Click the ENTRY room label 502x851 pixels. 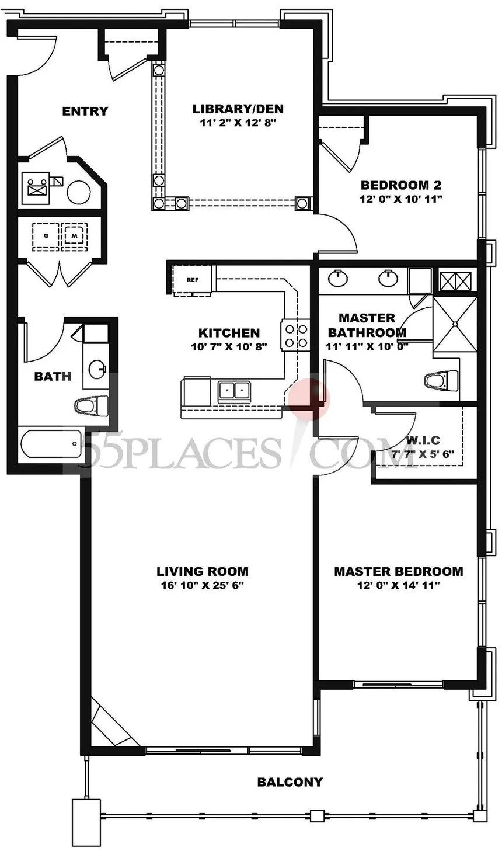coord(85,112)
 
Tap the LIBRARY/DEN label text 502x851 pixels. coord(238,109)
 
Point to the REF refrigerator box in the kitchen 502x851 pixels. coord(192,280)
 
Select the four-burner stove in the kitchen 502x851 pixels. coord(295,335)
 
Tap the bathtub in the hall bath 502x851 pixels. coord(51,444)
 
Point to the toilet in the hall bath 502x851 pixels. coord(91,406)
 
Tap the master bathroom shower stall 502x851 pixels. coord(455,324)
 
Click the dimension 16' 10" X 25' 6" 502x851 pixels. coord(203,585)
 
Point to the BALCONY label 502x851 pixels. coord(290,782)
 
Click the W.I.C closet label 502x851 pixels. coord(423,441)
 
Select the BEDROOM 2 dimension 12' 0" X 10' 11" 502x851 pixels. coord(401,199)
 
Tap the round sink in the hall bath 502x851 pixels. coord(97,369)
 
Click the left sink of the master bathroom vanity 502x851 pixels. coord(337,277)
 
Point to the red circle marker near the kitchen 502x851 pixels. coord(309,400)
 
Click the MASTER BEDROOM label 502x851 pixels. coord(398,571)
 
